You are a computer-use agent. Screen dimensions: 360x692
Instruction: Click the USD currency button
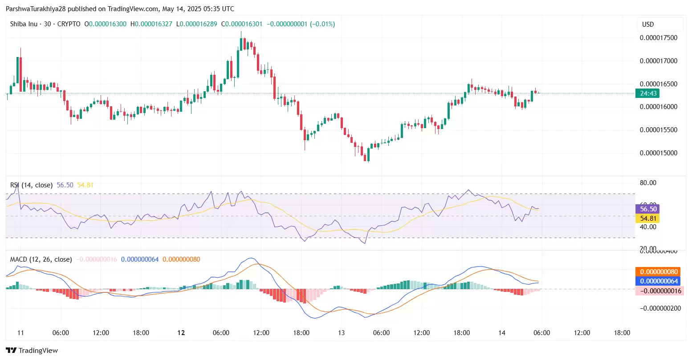click(x=648, y=24)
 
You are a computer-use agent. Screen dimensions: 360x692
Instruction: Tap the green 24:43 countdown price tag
click(x=648, y=93)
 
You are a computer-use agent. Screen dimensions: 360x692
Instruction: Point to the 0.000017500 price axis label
click(x=658, y=38)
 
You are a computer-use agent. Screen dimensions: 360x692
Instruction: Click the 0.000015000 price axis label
click(x=658, y=153)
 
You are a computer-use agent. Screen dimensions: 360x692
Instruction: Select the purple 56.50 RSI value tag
click(x=648, y=209)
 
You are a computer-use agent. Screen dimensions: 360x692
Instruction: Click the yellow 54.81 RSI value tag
click(x=648, y=218)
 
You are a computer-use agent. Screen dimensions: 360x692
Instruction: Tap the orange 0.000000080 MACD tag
click(x=659, y=272)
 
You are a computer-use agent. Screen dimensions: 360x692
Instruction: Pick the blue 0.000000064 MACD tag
click(x=659, y=281)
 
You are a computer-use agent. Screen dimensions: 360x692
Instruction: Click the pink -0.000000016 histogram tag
click(x=659, y=291)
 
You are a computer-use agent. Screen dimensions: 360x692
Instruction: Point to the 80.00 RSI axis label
click(x=648, y=183)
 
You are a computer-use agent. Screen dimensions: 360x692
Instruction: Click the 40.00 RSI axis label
click(x=648, y=227)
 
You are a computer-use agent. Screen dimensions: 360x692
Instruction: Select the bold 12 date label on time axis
click(x=181, y=333)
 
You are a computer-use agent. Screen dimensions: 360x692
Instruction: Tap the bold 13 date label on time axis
click(x=341, y=333)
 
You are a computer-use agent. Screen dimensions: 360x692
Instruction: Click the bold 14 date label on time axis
click(x=502, y=333)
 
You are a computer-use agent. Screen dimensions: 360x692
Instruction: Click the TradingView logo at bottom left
click(x=32, y=351)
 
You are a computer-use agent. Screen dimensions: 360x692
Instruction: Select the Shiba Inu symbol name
click(x=24, y=24)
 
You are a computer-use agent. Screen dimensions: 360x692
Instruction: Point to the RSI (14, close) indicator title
click(x=31, y=185)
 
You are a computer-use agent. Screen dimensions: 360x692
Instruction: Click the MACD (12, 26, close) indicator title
click(x=41, y=259)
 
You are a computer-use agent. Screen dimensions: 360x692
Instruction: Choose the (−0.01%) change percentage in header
click(x=322, y=24)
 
